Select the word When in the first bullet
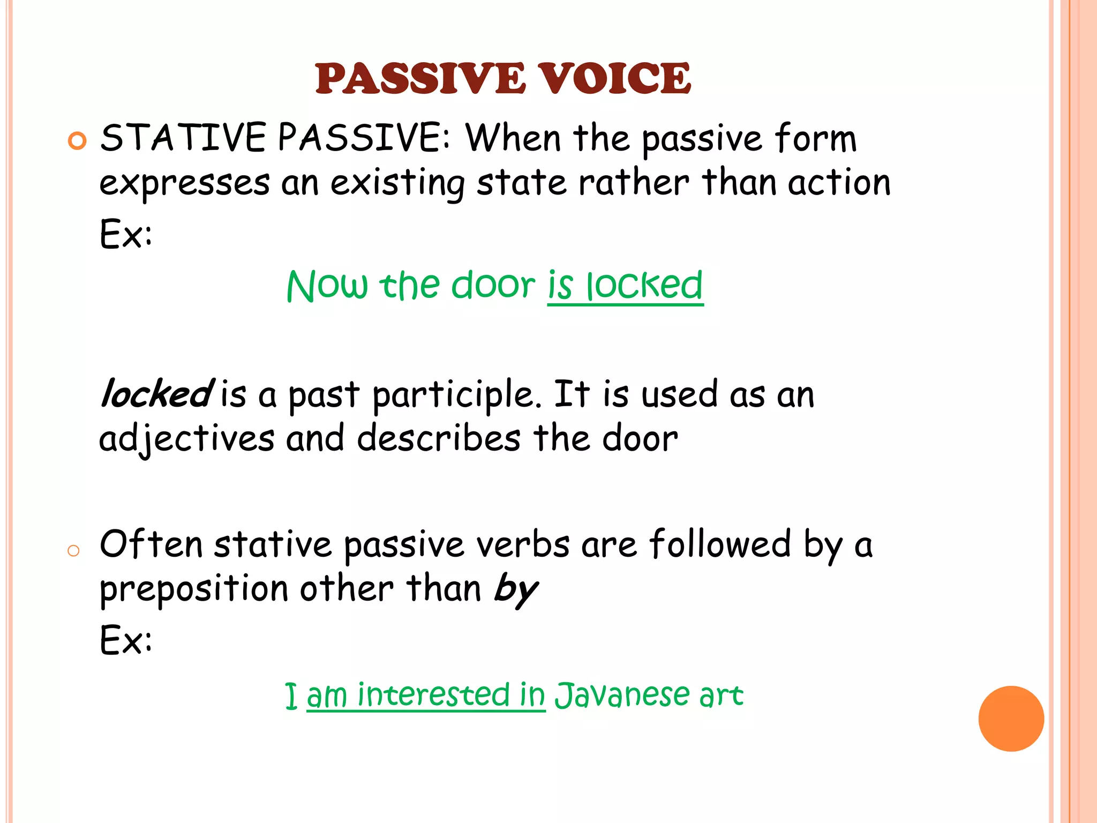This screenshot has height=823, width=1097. pos(513,138)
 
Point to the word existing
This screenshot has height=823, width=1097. pos(397,184)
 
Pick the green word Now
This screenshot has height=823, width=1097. pos(327,285)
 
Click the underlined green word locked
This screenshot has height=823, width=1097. pos(644,285)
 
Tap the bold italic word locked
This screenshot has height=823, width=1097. pos(157,394)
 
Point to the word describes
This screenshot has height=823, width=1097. pos(439,438)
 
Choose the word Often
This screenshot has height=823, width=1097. pos(152,544)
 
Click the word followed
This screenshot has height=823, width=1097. pos(720,544)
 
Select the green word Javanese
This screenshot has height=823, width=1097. pos(622,695)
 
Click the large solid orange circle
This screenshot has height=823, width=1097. pos(1011,719)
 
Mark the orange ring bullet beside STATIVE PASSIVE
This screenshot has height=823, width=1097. pos(77,141)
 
